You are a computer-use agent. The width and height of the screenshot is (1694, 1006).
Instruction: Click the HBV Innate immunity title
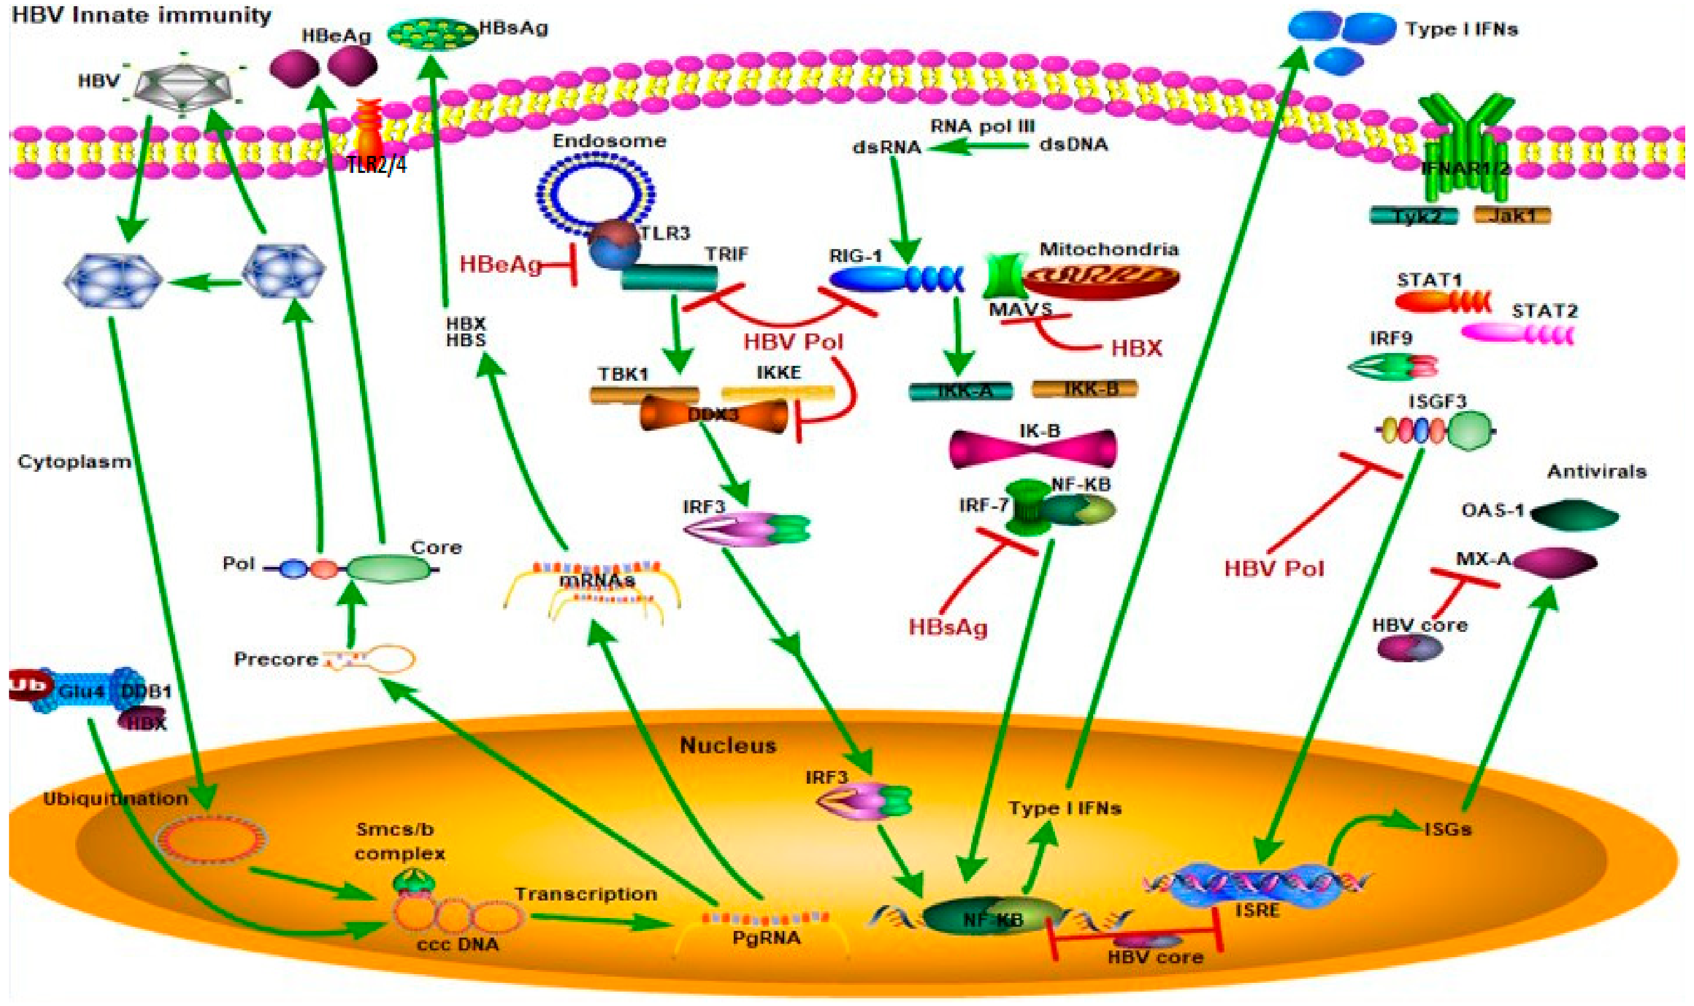(142, 15)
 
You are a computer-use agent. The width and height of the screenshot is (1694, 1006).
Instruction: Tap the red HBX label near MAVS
(1136, 348)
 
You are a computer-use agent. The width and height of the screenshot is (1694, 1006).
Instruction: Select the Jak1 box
(1512, 216)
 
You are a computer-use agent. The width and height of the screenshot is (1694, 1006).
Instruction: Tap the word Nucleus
(728, 746)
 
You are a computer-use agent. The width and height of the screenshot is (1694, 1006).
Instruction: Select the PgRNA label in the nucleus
(766, 938)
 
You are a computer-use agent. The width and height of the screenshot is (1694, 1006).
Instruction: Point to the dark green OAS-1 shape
(1575, 516)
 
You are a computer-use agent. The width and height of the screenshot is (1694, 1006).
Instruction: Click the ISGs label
(1447, 829)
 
